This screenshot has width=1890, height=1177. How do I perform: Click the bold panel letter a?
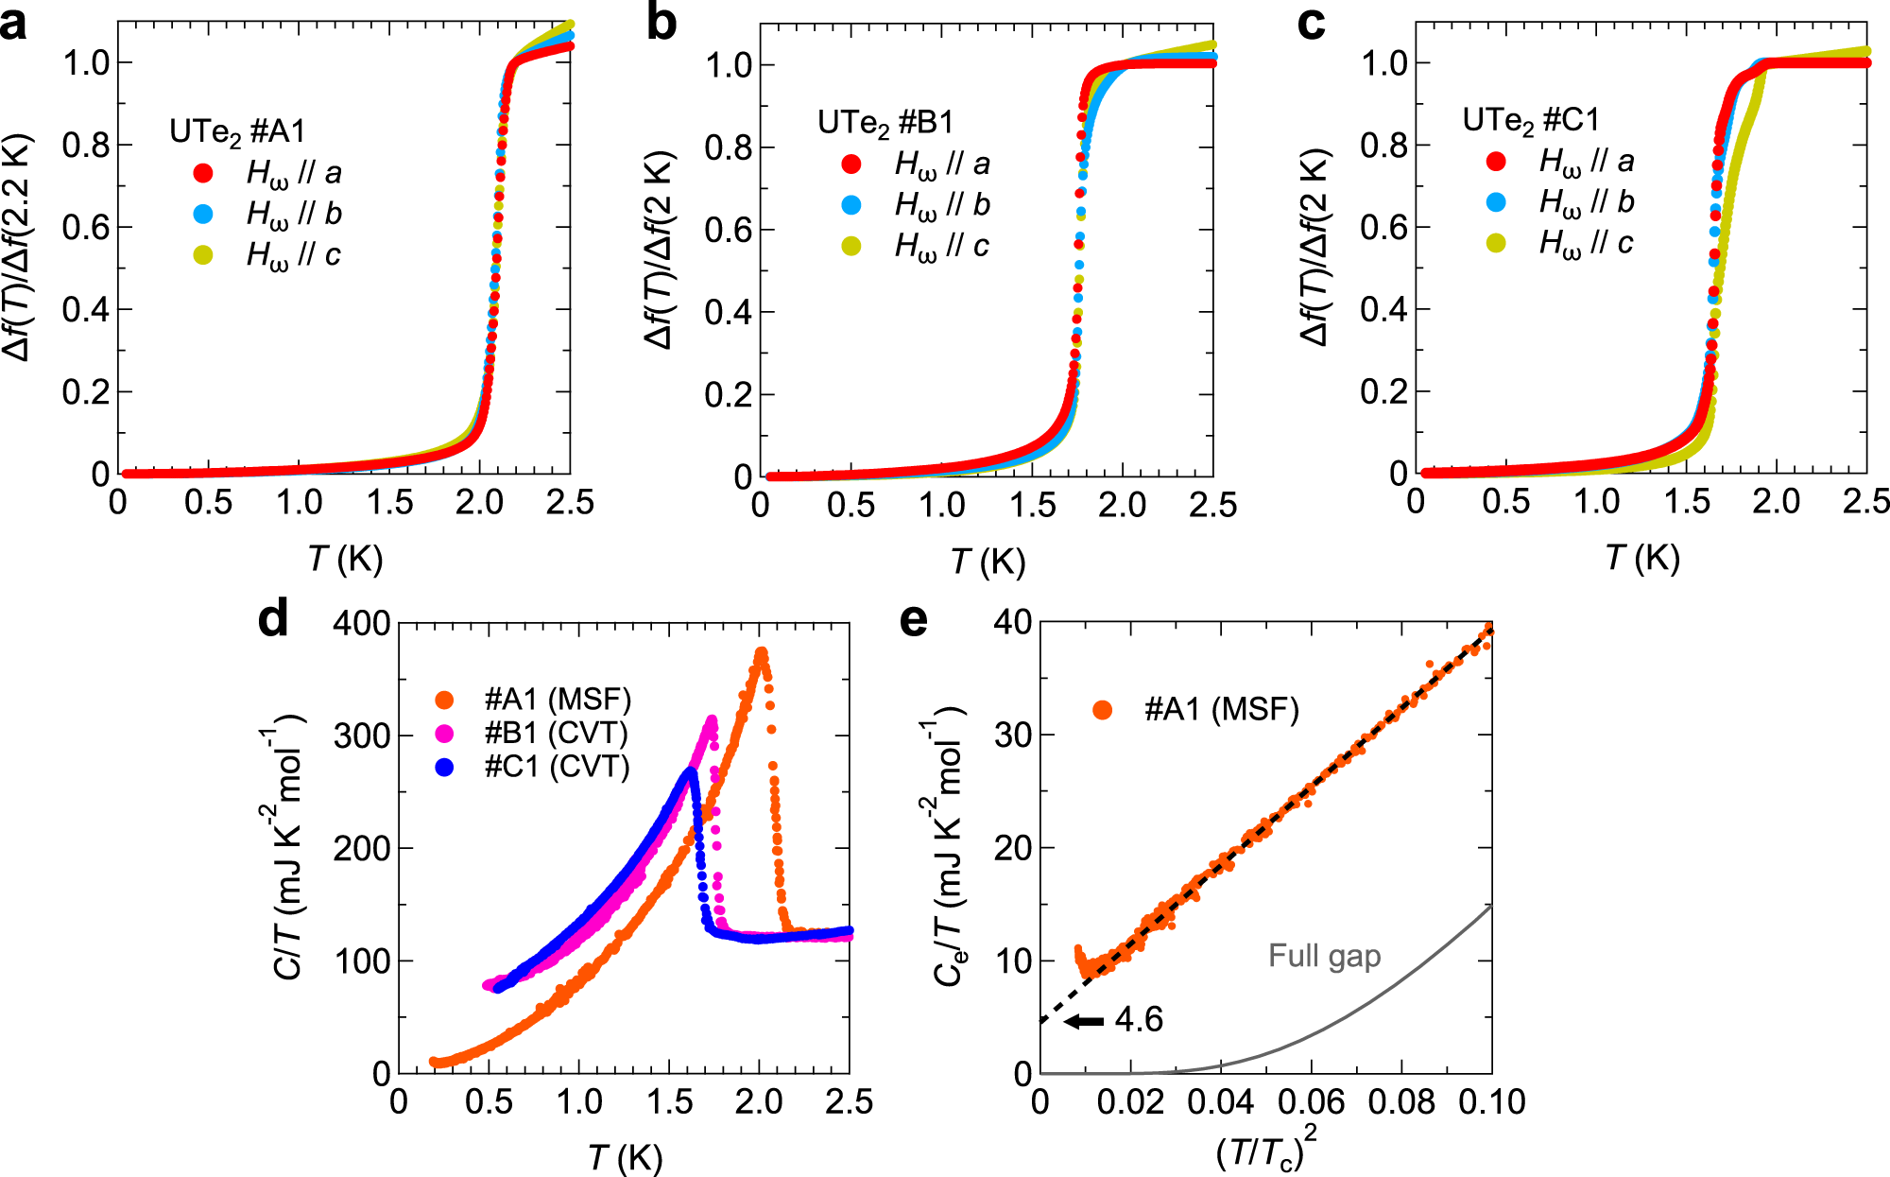pyautogui.click(x=13, y=23)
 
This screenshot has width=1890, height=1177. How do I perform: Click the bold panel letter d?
pyautogui.click(x=273, y=620)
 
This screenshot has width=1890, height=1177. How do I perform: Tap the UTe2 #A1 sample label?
pyautogui.click(x=237, y=131)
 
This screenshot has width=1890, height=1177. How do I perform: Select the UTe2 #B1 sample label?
pyautogui.click(x=885, y=123)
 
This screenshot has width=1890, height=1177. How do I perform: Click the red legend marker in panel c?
pyautogui.click(x=1496, y=162)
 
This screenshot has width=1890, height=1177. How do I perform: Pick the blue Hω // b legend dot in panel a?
pyautogui.click(x=203, y=214)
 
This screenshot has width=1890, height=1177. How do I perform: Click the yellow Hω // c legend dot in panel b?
pyautogui.click(x=851, y=247)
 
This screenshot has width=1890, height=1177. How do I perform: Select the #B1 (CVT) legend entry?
pyautogui.click(x=556, y=733)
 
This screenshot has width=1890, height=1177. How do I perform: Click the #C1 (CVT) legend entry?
pyautogui.click(x=556, y=767)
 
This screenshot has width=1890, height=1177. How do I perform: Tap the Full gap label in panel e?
pyautogui.click(x=1324, y=956)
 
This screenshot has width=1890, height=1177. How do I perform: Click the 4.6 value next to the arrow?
pyautogui.click(x=1139, y=1020)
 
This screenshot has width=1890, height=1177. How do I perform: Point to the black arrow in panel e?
pyautogui.click(x=1083, y=1021)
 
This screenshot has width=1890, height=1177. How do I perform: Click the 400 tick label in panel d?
pyautogui.click(x=362, y=624)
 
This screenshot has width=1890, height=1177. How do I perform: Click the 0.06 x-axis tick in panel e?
pyautogui.click(x=1311, y=1102)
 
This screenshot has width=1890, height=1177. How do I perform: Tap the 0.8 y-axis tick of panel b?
pyautogui.click(x=728, y=147)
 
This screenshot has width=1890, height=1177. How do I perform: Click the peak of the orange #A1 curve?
pyautogui.click(x=761, y=652)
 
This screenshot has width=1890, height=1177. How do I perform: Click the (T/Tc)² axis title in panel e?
pyautogui.click(x=1265, y=1149)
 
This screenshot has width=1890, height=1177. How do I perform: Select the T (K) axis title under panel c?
pyautogui.click(x=1642, y=559)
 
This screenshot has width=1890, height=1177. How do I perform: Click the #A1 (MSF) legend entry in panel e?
pyautogui.click(x=1221, y=709)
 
